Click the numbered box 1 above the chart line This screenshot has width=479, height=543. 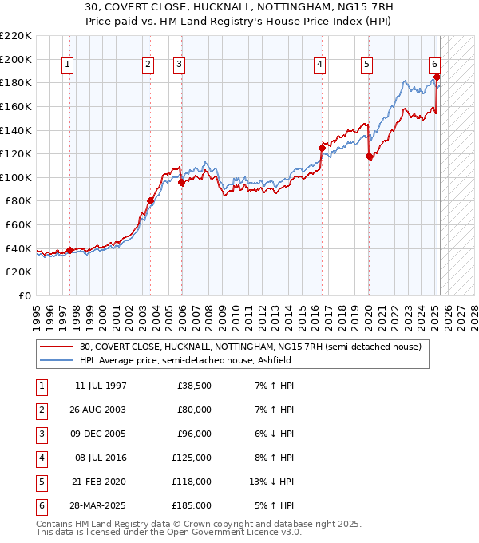(x=67, y=65)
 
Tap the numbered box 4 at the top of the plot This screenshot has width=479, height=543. (x=319, y=65)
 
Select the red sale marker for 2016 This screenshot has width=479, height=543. (x=322, y=148)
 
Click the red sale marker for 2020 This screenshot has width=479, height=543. (x=369, y=157)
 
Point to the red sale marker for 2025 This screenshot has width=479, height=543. (x=437, y=77)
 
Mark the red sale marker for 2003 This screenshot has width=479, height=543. (x=150, y=201)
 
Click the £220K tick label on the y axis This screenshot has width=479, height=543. (x=15, y=36)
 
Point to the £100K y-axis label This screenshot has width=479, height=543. (x=15, y=177)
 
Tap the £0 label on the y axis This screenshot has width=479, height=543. (x=25, y=295)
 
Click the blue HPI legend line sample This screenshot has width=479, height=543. (x=57, y=360)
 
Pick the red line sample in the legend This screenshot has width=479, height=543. (x=57, y=347)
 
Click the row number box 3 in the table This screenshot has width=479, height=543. (x=41, y=434)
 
